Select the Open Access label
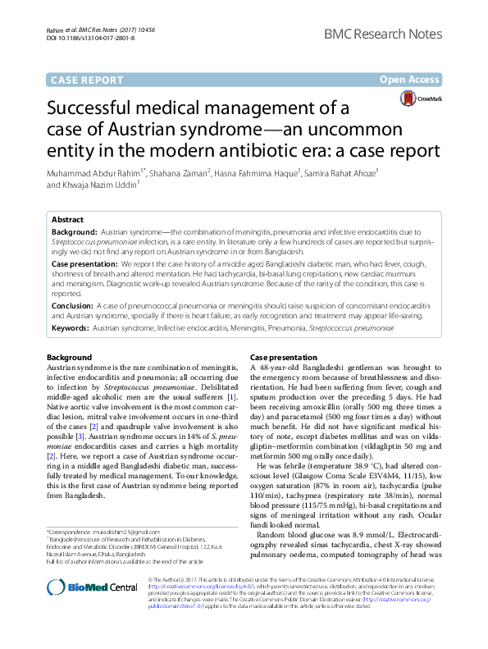(408, 80)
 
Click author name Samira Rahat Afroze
(340, 173)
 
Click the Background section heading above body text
(69, 359)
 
